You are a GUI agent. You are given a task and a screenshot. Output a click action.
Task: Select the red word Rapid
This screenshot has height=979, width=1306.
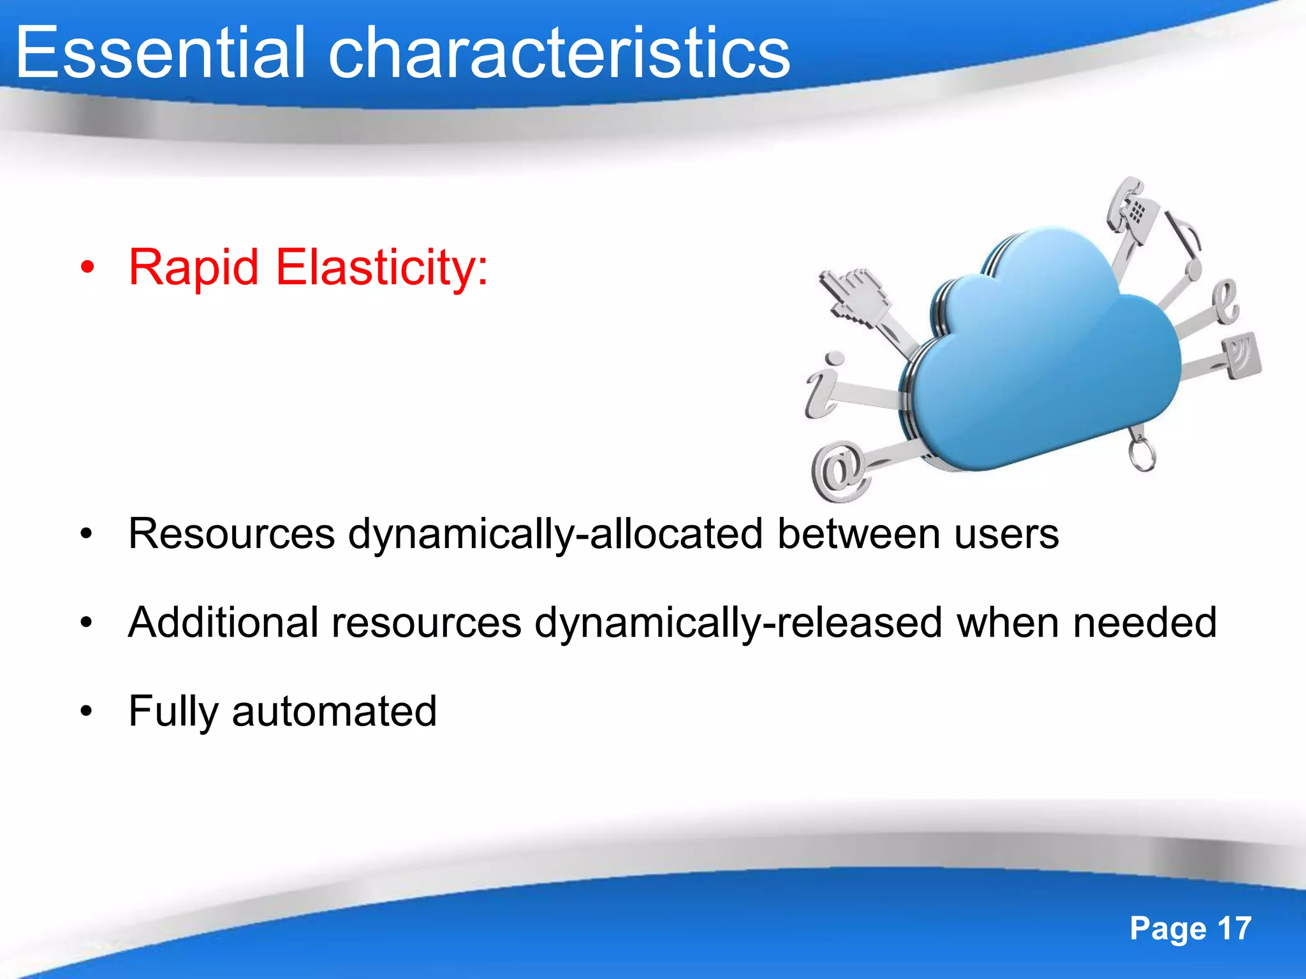(x=194, y=267)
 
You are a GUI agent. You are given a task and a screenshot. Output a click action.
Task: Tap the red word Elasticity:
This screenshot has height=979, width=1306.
(x=381, y=267)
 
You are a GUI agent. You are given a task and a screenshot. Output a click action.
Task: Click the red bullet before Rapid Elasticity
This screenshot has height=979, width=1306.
(x=87, y=268)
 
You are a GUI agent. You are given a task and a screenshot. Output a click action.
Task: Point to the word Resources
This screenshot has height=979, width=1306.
(x=231, y=533)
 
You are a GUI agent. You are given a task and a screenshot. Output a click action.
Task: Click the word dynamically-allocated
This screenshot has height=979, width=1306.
(x=555, y=533)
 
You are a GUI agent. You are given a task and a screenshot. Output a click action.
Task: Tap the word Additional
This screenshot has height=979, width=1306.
(x=223, y=622)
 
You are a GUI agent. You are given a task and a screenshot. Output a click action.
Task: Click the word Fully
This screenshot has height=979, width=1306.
(x=172, y=711)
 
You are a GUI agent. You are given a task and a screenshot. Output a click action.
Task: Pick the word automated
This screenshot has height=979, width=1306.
(x=334, y=711)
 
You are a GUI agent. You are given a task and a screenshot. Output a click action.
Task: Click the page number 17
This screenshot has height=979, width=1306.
(x=1235, y=928)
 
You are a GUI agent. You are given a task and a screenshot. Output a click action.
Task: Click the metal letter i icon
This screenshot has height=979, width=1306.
(x=823, y=386)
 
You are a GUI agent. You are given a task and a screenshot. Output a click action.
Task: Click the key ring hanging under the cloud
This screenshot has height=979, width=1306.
(x=1141, y=454)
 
